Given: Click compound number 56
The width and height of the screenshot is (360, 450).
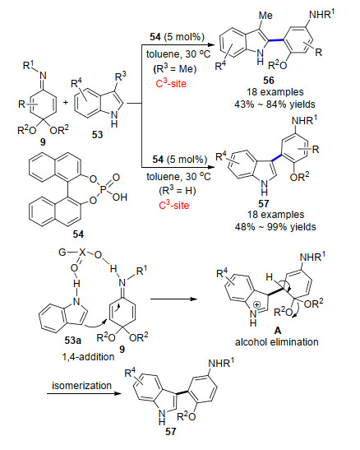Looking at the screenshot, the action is point(269,80).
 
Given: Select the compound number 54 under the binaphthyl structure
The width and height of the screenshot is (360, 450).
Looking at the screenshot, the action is point(78,234).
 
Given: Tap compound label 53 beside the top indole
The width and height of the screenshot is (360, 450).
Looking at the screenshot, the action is point(98,135).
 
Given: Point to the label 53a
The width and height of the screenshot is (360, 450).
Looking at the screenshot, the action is point(73,341).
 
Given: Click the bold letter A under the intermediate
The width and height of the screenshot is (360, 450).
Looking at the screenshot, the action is point(278,331).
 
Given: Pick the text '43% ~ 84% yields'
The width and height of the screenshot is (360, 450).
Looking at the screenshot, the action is point(275,104).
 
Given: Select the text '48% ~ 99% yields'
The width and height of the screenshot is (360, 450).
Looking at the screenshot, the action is point(275,227).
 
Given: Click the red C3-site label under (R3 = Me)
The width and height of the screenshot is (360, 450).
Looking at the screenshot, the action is point(171,83).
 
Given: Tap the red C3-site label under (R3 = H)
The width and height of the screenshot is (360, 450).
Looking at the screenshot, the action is point(174,205).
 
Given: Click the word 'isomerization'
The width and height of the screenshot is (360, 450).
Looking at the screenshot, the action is point(81,386).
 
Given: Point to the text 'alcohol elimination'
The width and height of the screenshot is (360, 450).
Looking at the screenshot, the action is point(277,342).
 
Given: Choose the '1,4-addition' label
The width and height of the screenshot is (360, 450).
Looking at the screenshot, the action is point(88,357).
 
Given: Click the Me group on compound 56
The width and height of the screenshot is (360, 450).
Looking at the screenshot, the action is point(265,15).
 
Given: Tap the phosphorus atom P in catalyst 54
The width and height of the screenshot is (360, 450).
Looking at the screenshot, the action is point(104,188).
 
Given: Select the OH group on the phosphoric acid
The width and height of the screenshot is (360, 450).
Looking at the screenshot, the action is point(120,197).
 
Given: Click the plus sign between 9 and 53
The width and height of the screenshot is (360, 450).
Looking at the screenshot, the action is point(66,102).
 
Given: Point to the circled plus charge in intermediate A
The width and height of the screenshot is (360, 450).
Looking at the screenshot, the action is point(257,304).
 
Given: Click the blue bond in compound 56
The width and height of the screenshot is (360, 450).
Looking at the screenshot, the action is point(276,40).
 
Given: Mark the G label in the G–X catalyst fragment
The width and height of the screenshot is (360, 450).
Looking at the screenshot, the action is point(62,253).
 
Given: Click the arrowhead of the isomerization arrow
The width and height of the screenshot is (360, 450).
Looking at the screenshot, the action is point(118,393).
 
